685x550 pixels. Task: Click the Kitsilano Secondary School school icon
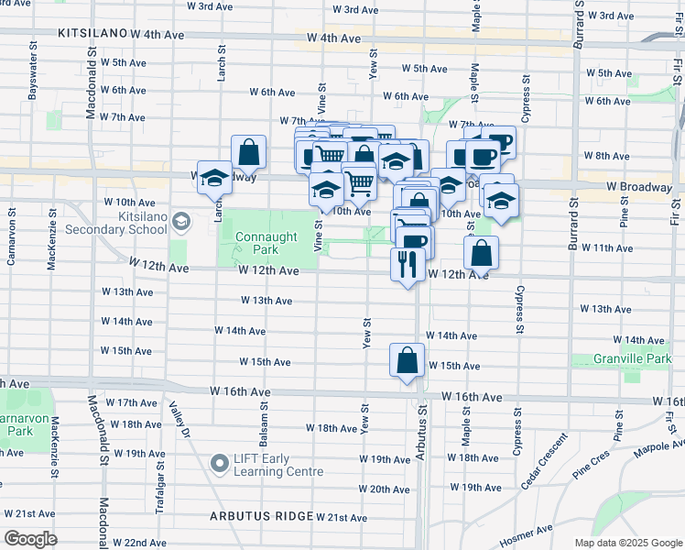pyautogui.click(x=181, y=221)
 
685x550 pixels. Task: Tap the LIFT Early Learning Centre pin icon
pyautogui.click(x=220, y=464)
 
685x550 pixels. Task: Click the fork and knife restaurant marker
pyautogui.click(x=406, y=264)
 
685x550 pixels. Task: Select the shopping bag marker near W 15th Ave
pyautogui.click(x=406, y=360)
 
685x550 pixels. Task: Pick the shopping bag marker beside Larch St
pyautogui.click(x=248, y=152)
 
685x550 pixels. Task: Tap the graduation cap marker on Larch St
pyautogui.click(x=213, y=178)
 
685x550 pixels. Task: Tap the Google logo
pyautogui.click(x=30, y=539)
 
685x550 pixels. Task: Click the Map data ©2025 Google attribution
pyautogui.click(x=626, y=543)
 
